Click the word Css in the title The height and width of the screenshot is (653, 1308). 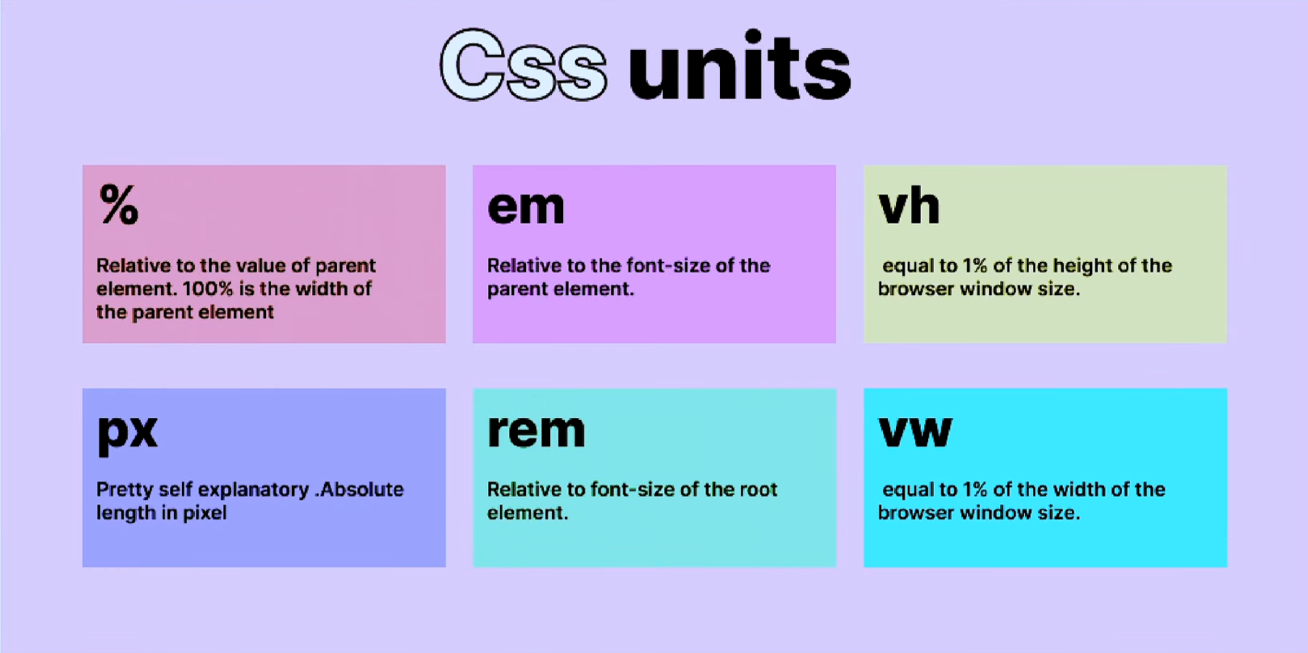[x=524, y=66]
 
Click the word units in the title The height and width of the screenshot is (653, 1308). [x=740, y=66]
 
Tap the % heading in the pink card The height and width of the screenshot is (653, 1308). [x=119, y=205]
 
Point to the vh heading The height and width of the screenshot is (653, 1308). [x=909, y=206]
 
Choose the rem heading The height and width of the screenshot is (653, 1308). [x=536, y=430]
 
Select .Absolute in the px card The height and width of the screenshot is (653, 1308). [x=360, y=489]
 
